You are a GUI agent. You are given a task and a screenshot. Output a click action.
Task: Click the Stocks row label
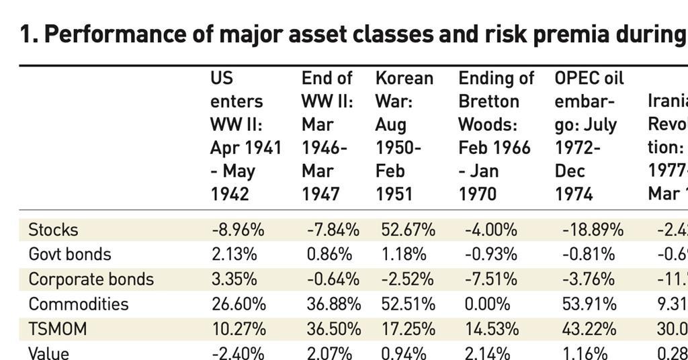pyautogui.click(x=53, y=230)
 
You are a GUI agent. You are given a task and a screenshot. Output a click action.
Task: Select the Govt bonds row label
pyautogui.click(x=70, y=255)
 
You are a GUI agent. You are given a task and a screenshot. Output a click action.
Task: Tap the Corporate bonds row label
pyautogui.click(x=91, y=279)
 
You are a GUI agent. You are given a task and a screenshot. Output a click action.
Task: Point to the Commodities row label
pyautogui.click(x=78, y=304)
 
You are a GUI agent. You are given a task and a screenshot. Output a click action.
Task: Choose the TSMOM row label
pyautogui.click(x=57, y=329)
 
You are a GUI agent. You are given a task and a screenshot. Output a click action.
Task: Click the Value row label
pyautogui.click(x=48, y=353)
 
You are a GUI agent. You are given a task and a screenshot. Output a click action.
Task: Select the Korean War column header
pyautogui.click(x=404, y=136)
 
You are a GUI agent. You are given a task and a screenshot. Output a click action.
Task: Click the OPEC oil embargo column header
pyautogui.click(x=589, y=136)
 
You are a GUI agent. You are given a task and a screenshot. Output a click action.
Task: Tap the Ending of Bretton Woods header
pyautogui.click(x=496, y=136)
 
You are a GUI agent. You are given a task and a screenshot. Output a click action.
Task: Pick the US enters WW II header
pyautogui.click(x=245, y=136)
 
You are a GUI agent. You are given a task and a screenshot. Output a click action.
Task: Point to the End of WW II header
pyautogui.click(x=327, y=136)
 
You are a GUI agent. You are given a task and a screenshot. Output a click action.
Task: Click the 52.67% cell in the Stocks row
pyautogui.click(x=408, y=230)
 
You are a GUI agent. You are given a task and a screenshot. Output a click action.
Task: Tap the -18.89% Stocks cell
pyautogui.click(x=593, y=230)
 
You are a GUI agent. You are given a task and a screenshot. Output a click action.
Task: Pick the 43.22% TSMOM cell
pyautogui.click(x=589, y=329)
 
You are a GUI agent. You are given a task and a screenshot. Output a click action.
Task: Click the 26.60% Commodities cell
pyautogui.click(x=238, y=304)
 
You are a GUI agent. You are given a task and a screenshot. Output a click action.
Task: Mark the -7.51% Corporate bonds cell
pyautogui.click(x=490, y=279)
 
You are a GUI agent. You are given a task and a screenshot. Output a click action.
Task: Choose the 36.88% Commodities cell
pyautogui.click(x=333, y=304)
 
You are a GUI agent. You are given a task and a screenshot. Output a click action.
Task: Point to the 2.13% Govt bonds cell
pyautogui.click(x=233, y=255)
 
